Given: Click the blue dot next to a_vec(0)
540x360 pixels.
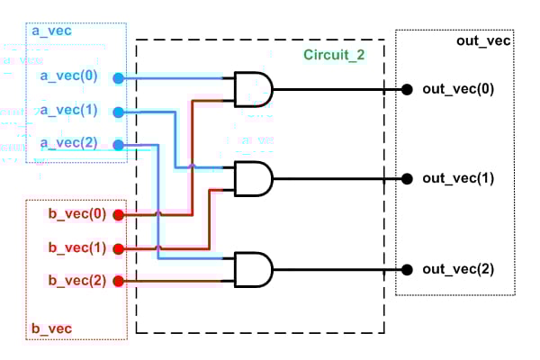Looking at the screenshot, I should click(x=118, y=78).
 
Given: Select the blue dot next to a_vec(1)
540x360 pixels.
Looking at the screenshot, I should click(x=118, y=112).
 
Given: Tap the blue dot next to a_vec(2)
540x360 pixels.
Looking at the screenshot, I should click(x=118, y=144).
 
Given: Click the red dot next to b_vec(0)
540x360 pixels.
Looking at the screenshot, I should click(x=118, y=214).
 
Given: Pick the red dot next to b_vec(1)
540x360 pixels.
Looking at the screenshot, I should click(x=118, y=247).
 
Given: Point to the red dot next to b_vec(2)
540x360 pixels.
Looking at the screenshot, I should click(x=118, y=281).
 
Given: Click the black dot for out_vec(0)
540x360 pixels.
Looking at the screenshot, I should click(x=407, y=89).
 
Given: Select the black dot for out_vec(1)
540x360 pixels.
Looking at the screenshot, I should click(x=407, y=178).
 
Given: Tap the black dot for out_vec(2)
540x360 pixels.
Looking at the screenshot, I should click(x=407, y=269).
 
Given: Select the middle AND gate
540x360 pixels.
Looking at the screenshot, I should click(x=253, y=178).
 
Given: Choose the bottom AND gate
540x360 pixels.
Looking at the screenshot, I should click(x=253, y=269).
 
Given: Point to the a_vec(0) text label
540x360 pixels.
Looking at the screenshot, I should click(x=75, y=78).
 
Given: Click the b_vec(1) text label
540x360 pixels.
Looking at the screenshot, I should click(x=76, y=247).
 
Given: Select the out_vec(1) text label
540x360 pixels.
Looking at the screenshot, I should click(x=458, y=178).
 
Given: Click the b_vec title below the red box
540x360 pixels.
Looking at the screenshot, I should click(x=52, y=328).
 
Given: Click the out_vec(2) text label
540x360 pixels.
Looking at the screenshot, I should click(x=458, y=269).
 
